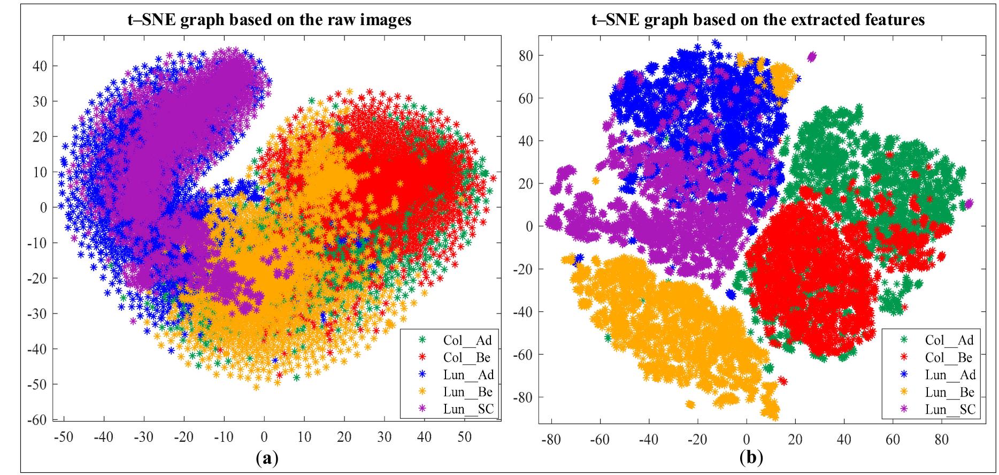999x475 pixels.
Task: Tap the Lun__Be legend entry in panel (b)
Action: pos(949,392)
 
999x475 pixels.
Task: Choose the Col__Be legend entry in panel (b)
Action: pos(949,357)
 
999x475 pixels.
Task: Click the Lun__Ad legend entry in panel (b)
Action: pos(950,374)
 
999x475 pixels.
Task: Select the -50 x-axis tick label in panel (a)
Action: pos(64,437)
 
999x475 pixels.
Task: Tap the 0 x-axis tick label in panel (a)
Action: pos(264,437)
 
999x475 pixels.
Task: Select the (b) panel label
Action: pos(751,458)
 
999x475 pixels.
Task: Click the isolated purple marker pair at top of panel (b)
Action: pos(812,56)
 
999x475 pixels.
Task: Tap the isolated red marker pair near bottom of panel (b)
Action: pos(782,381)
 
